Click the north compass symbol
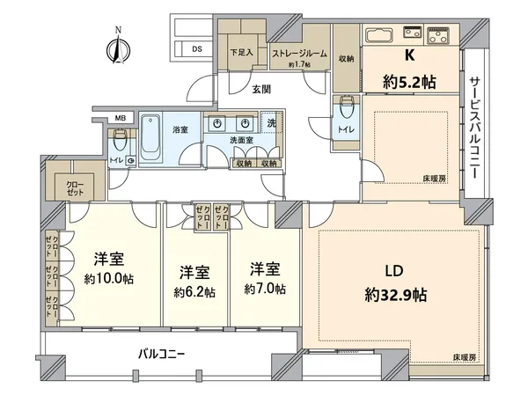pos(114,46)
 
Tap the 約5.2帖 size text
pos(408,83)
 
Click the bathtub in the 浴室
pos(150,138)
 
